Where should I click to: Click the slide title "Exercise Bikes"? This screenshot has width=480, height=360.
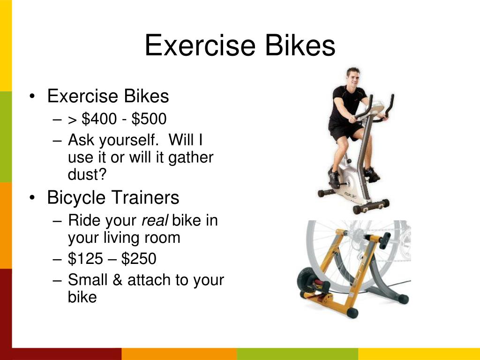click(x=240, y=46)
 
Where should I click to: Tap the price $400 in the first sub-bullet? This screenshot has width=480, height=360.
click(x=99, y=119)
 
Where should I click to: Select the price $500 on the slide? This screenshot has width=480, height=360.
click(x=149, y=119)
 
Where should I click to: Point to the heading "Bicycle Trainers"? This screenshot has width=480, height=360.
click(x=113, y=198)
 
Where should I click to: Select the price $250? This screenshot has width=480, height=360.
click(x=139, y=258)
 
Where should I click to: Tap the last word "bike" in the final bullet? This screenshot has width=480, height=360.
click(x=82, y=297)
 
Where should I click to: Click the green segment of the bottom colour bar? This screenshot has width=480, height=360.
click(x=297, y=354)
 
